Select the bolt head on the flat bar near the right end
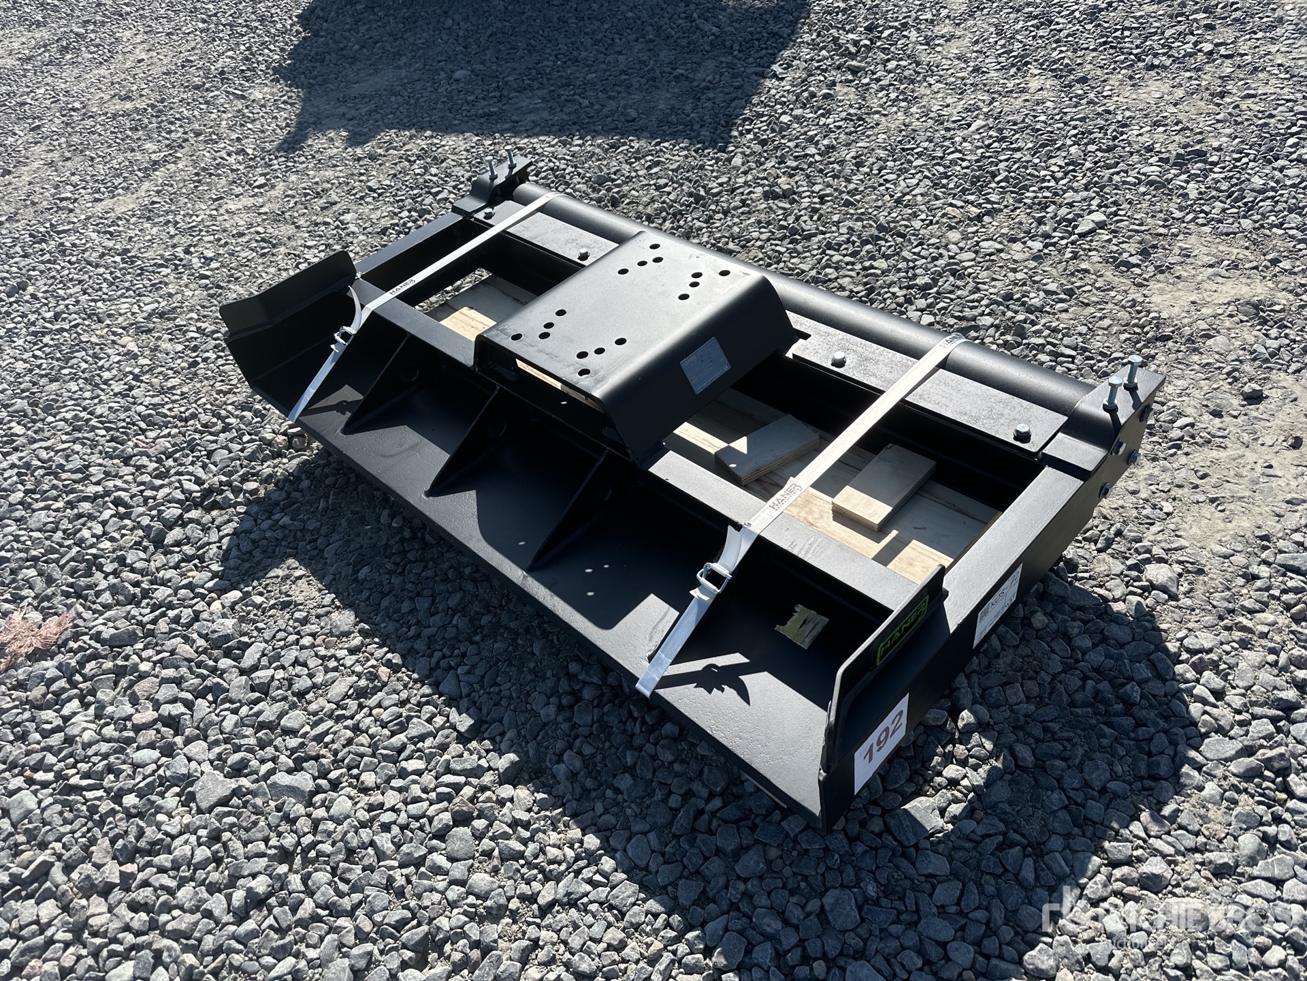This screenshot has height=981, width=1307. point(1021,429)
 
